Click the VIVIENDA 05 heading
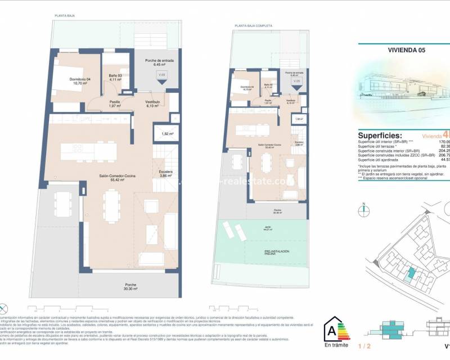tap(406, 49)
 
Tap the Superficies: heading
tap(380, 136)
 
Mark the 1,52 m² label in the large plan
tap(166, 134)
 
